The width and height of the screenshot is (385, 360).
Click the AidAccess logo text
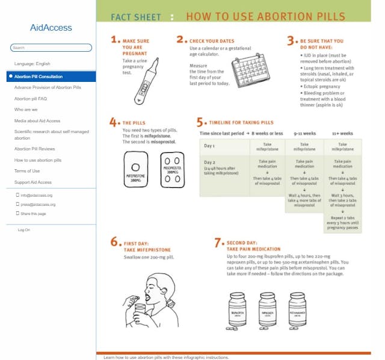coord(51,28)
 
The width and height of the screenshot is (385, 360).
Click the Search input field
coord(51,48)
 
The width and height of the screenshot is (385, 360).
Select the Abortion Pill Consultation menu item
coord(38,76)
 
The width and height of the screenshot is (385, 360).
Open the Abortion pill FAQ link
coord(31,98)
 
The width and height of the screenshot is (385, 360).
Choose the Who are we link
coord(26,110)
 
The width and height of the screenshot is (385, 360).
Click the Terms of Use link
coord(27,171)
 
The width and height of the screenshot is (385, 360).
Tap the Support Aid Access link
coord(33,182)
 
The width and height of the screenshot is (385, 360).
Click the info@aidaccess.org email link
coord(37,195)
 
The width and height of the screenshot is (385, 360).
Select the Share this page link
coord(33,214)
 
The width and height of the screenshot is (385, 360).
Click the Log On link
coord(24,230)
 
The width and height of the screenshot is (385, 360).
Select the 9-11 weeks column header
coord(305,133)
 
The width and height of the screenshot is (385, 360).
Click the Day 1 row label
coord(209,146)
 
